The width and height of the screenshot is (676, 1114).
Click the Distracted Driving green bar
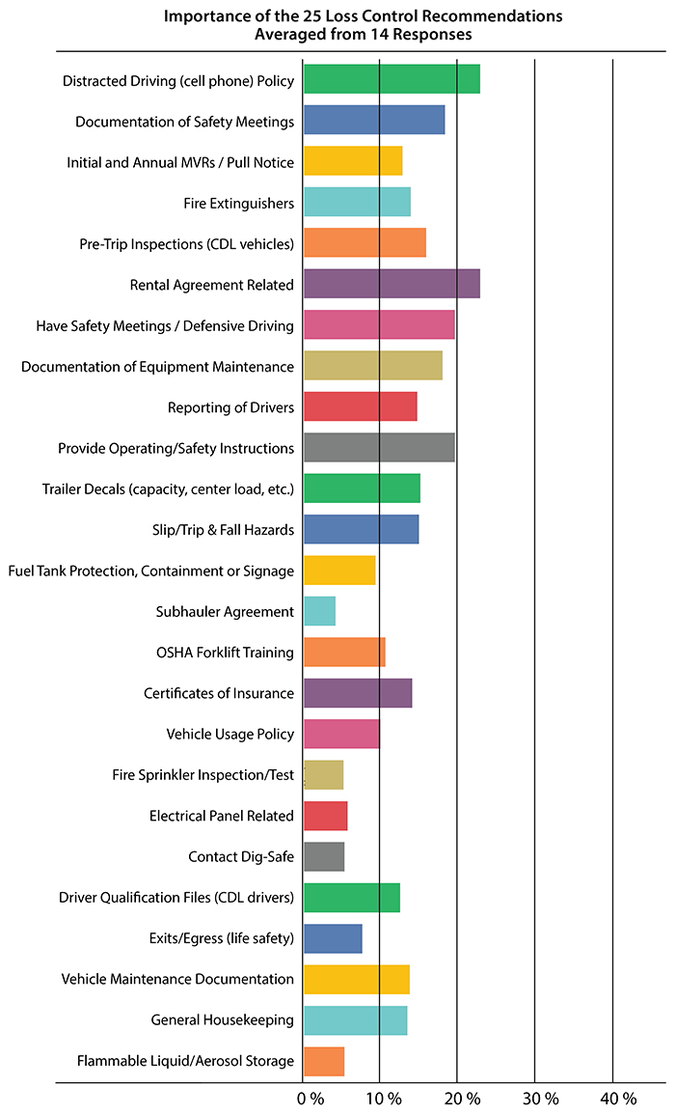pyautogui.click(x=392, y=79)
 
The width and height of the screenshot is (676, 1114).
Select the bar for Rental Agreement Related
pyautogui.click(x=392, y=284)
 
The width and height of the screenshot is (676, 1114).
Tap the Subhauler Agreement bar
pyautogui.click(x=319, y=611)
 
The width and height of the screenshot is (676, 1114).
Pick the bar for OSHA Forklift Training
pyautogui.click(x=344, y=653)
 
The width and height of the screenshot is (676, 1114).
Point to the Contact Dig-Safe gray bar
pyautogui.click(x=324, y=856)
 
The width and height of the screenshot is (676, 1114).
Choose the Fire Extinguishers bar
pyautogui.click(x=357, y=202)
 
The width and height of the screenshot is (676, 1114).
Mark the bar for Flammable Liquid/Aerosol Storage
pyautogui.click(x=324, y=1061)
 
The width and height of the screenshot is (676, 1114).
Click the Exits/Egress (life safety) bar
pyautogui.click(x=333, y=938)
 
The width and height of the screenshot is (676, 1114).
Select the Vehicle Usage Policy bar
pyautogui.click(x=341, y=734)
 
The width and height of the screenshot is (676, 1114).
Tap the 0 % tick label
pyautogui.click(x=310, y=1099)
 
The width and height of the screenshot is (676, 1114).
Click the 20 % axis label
pyautogui.click(x=463, y=1099)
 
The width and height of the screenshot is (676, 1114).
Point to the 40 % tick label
pyautogui.click(x=618, y=1099)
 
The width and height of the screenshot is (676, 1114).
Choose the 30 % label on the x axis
pyautogui.click(x=540, y=1099)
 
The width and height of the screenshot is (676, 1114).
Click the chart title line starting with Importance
pyautogui.click(x=363, y=16)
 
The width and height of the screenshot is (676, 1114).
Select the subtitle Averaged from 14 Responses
pyautogui.click(x=363, y=34)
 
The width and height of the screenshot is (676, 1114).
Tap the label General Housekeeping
pyautogui.click(x=222, y=1020)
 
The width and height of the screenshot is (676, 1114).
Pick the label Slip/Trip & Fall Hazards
pyautogui.click(x=210, y=529)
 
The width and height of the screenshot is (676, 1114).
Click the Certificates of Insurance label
pyautogui.click(x=219, y=693)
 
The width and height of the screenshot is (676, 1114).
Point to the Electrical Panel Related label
pyautogui.click(x=222, y=816)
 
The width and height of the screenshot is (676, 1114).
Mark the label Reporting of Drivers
pyautogui.click(x=230, y=406)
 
